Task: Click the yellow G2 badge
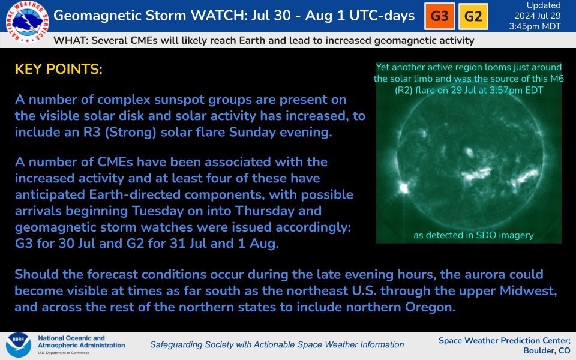(x=473, y=16)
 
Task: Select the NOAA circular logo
(x=18, y=346)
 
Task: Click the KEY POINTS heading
(x=58, y=70)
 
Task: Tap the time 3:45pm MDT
(x=535, y=26)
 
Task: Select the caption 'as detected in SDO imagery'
(x=473, y=235)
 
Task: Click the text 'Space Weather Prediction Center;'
(x=505, y=340)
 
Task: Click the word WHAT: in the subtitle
(x=71, y=41)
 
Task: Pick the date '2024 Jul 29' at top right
(x=535, y=16)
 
